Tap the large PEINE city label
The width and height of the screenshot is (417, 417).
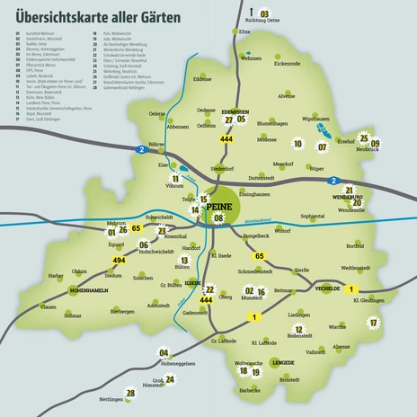tap(218, 207)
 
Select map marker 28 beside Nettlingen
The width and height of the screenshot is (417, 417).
tap(130, 393)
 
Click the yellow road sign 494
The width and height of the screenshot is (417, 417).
tap(119, 260)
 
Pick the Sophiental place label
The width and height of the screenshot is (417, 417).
tap(313, 216)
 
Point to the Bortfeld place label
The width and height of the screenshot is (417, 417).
tap(355, 245)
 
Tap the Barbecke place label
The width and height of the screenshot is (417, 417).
tap(249, 390)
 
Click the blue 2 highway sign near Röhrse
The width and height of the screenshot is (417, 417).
tap(138, 148)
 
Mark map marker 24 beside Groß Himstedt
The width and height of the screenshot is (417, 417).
tap(170, 379)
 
